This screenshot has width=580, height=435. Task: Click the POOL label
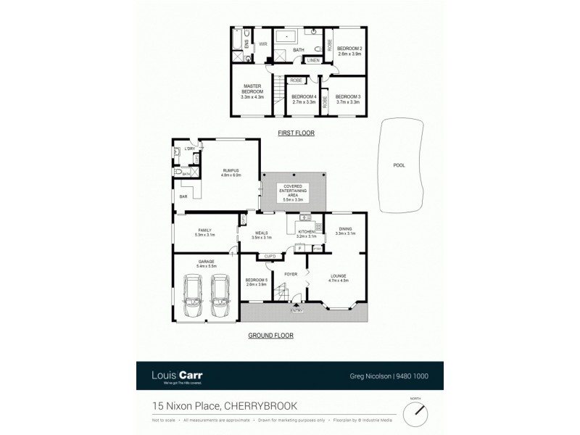[399, 165]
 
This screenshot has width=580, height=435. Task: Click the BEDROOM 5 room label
[257, 282]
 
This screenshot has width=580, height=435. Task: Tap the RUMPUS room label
[231, 173]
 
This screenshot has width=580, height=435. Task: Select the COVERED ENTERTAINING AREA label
[293, 192]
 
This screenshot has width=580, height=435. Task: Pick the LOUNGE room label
[339, 278]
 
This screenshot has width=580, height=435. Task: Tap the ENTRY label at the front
[297, 310]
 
